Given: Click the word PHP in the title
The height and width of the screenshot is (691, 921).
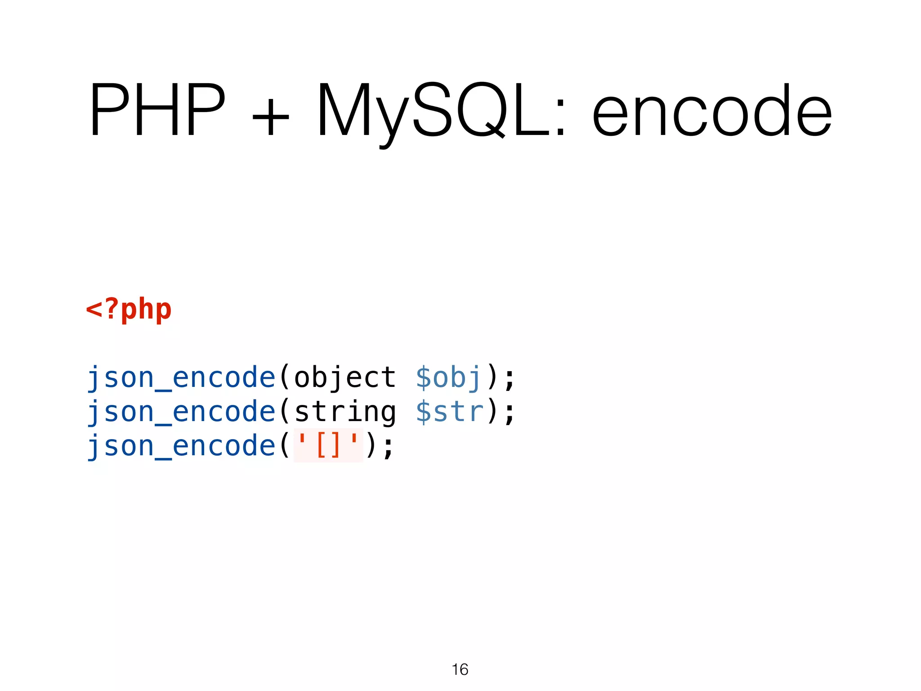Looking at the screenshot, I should pyautogui.click(x=157, y=110).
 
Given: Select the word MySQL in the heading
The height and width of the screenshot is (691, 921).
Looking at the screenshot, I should pyautogui.click(x=434, y=110).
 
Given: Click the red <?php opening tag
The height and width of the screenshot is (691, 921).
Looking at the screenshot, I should pyautogui.click(x=129, y=310).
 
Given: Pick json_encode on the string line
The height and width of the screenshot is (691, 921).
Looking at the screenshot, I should pyautogui.click(x=181, y=412).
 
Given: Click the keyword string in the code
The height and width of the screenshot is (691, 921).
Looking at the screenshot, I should pyautogui.click(x=345, y=412).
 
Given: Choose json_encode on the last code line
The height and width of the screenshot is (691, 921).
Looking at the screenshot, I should pyautogui.click(x=181, y=446).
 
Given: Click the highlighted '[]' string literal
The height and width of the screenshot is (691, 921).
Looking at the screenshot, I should pyautogui.click(x=328, y=445).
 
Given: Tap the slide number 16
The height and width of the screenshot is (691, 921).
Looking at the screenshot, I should pyautogui.click(x=460, y=669).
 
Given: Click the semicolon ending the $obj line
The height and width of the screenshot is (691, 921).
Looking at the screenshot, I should pyautogui.click(x=510, y=379).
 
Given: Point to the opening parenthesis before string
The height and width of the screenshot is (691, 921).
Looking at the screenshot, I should pyautogui.click(x=285, y=412).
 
